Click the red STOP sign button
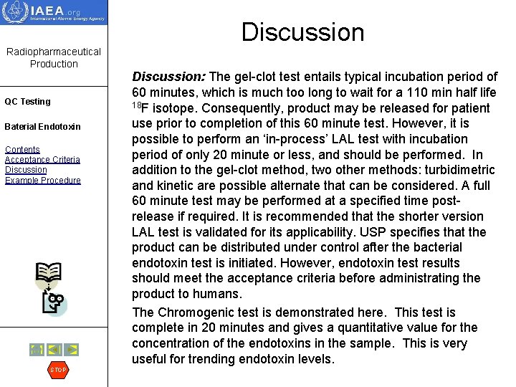point(57,370)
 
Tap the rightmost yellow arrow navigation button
point(72,350)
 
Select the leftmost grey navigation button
point(36,350)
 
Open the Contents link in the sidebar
point(21,150)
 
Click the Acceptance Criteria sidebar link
point(42,160)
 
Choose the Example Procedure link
point(42,180)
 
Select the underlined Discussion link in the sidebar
point(26,170)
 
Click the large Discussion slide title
point(302,32)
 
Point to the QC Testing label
point(27,102)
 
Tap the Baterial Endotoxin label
point(42,127)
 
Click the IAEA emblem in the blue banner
point(14,12)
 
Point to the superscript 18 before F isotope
point(136,106)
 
